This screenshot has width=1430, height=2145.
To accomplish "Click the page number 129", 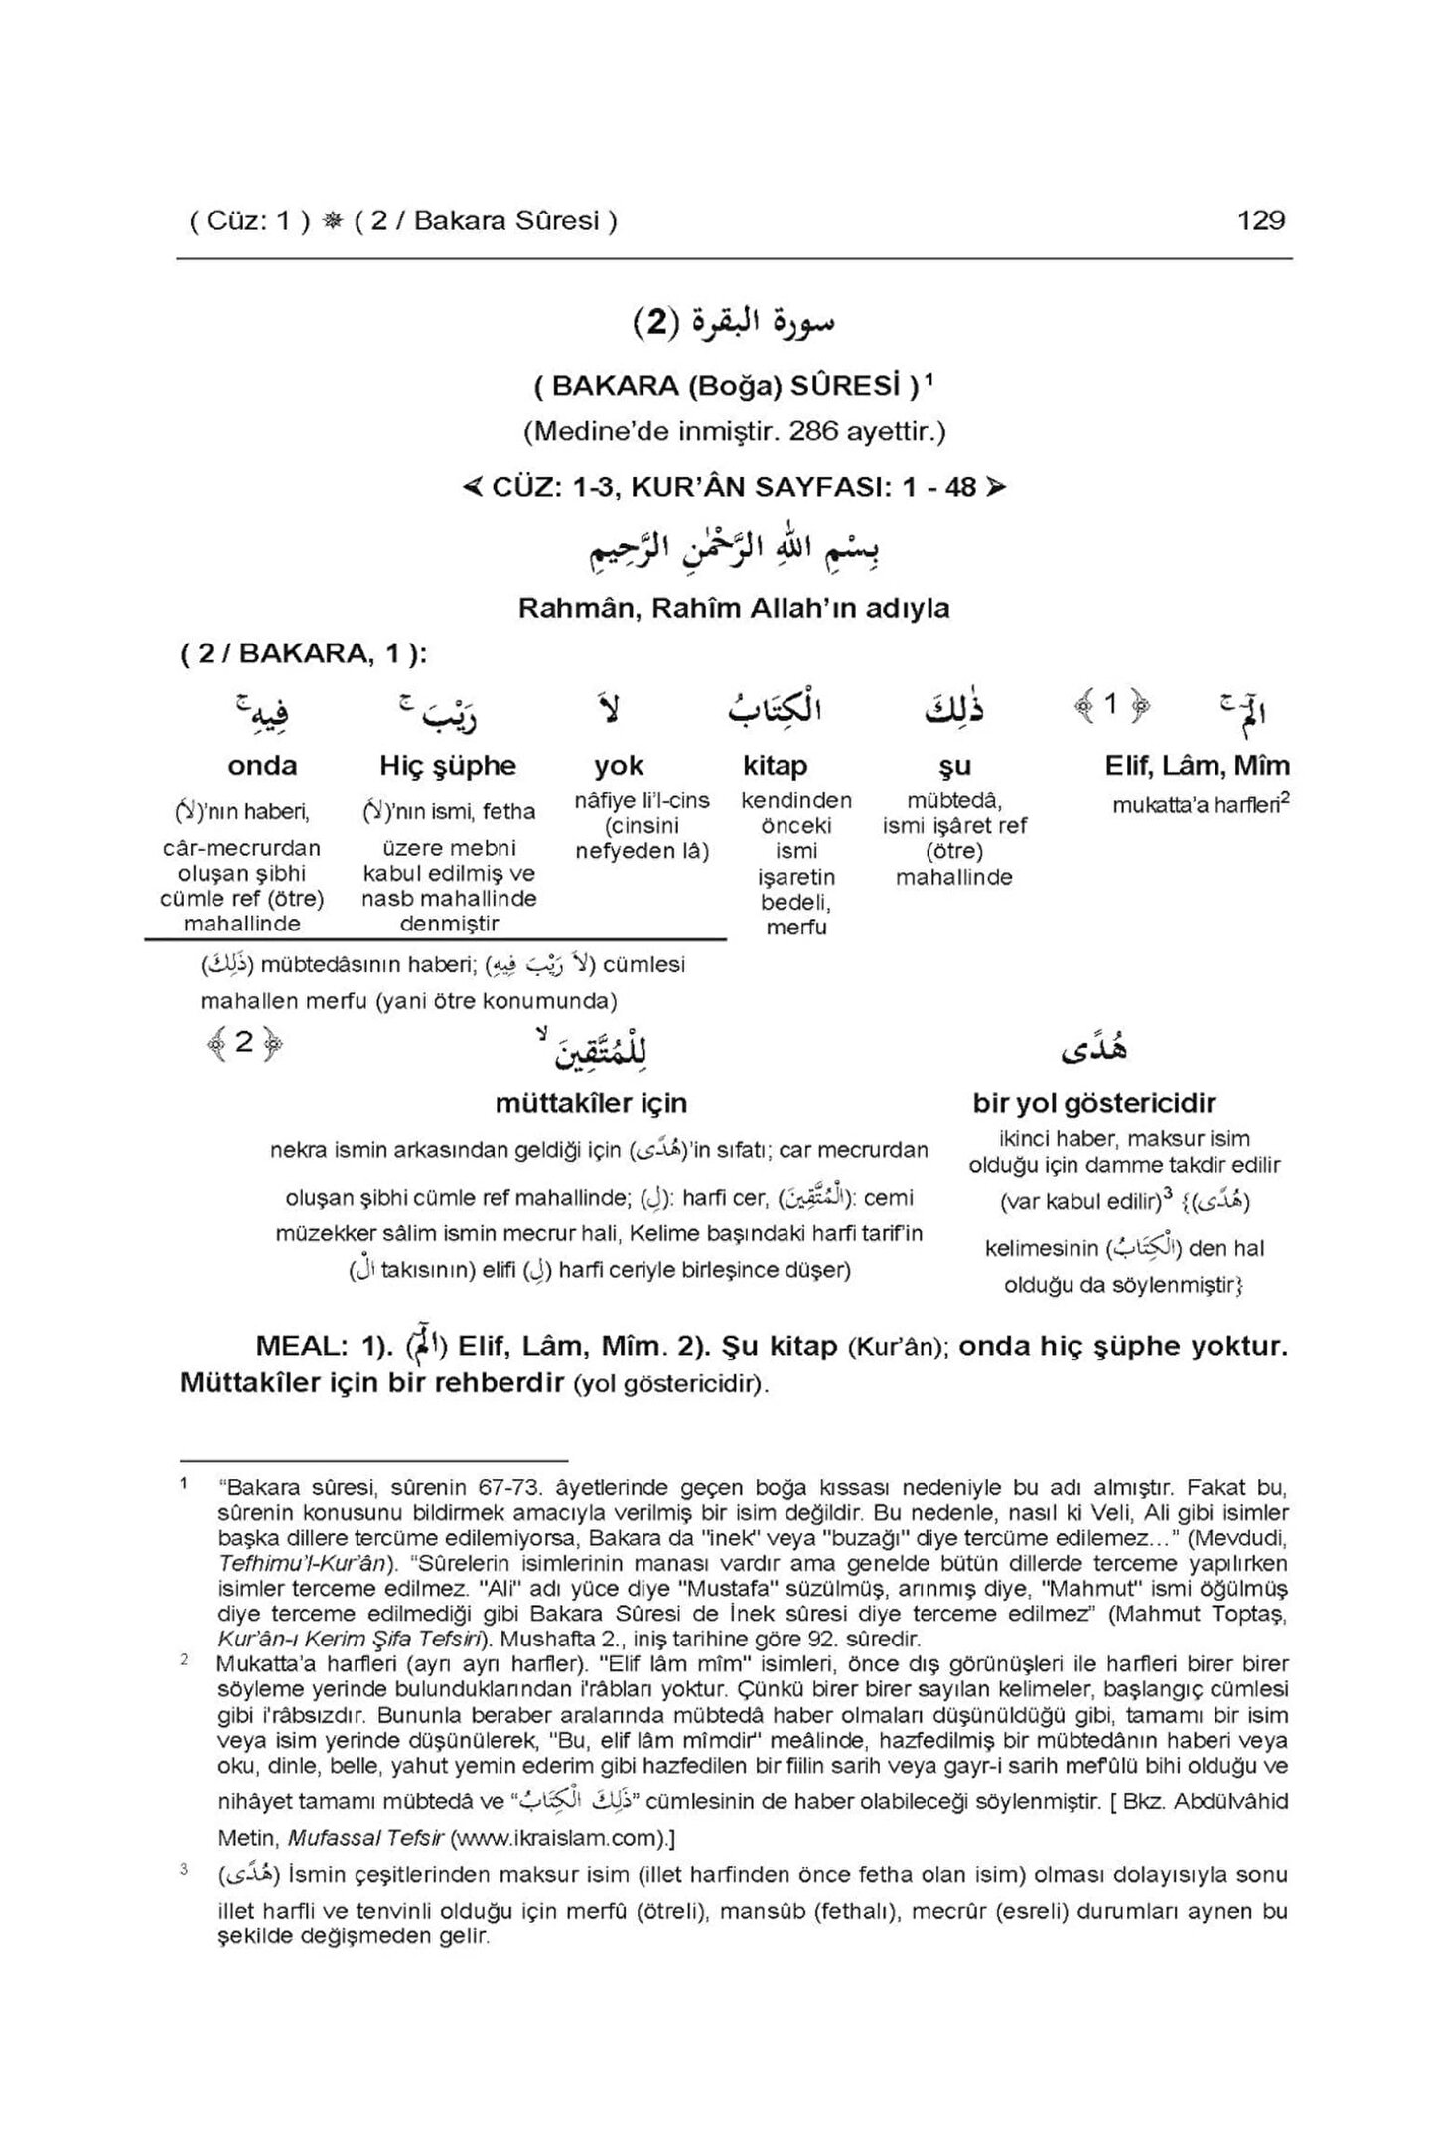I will point(1260,220).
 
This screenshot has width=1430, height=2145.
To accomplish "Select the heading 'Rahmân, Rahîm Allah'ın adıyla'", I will point(734,608).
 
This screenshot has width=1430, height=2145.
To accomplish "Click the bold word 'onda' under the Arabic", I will point(262,766).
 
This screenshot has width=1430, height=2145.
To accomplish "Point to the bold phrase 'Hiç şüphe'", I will point(448,766).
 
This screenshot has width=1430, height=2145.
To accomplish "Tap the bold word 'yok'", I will point(619,766).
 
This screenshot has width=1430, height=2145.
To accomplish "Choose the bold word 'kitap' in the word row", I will point(775,766).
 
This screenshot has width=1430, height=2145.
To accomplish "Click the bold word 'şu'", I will point(953,766).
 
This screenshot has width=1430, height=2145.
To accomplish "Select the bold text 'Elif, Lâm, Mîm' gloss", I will point(1197,766).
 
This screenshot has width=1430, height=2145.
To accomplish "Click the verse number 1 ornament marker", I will point(1111,705).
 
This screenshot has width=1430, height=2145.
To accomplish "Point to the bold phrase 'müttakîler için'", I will point(591,1103).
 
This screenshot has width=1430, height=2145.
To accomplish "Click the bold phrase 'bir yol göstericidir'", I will point(1094,1103).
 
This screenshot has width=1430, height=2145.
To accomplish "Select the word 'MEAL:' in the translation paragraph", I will point(300,1347).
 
